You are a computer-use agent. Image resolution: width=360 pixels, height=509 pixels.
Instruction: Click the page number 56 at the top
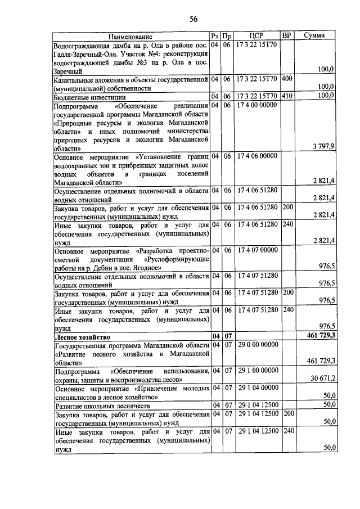[193, 19]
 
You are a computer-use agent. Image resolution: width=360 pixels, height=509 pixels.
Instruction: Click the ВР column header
[286, 35]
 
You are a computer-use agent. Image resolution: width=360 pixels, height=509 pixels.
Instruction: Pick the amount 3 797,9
[323, 146]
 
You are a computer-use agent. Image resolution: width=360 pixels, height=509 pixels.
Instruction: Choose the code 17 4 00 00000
[257, 105]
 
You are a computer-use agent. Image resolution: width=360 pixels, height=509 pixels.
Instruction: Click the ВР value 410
[287, 96]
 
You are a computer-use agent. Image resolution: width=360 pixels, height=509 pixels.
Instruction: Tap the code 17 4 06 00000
[257, 155]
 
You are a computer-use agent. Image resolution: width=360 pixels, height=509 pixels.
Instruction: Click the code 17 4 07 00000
[257, 250]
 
